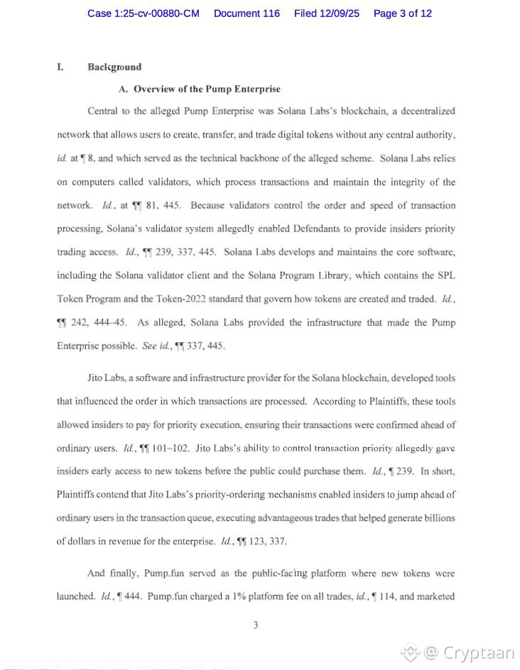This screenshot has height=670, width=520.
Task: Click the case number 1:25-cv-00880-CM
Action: point(143,13)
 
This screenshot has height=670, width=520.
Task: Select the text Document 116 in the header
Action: point(247,13)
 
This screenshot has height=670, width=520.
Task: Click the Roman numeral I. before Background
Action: point(60,67)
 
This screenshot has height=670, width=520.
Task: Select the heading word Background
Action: point(114,67)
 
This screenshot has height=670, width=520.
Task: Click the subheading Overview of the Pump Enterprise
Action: point(207,89)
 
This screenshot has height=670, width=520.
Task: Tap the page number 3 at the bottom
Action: point(255,625)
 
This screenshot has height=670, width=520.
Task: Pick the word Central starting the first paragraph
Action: point(104,111)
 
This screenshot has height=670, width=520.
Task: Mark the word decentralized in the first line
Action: point(423,111)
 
